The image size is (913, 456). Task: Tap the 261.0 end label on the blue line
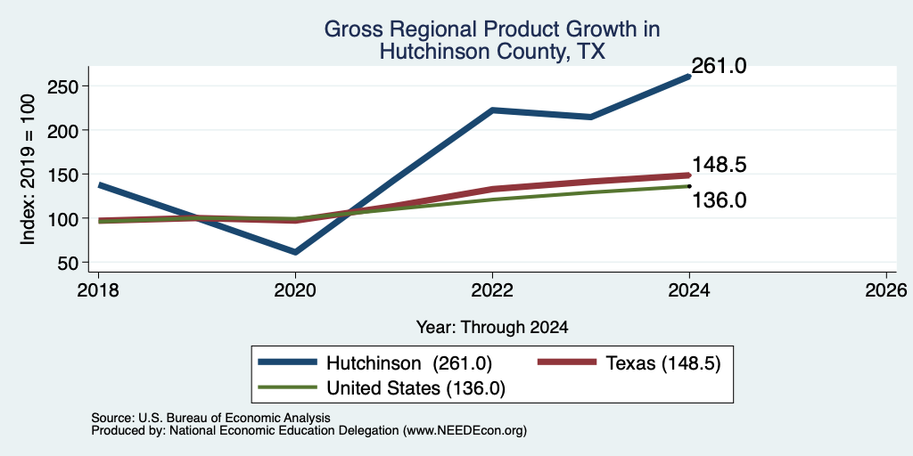[719, 66]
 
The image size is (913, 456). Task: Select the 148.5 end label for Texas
[719, 165]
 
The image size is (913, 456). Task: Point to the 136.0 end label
[719, 200]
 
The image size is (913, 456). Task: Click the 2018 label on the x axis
[98, 289]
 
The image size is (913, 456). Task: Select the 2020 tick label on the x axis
[295, 289]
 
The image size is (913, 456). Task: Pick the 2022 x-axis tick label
[492, 289]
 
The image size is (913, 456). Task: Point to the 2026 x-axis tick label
[886, 289]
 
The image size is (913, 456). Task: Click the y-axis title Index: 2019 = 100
[28, 169]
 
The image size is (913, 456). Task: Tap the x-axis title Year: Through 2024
[492, 328]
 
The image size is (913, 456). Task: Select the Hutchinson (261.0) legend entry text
[409, 363]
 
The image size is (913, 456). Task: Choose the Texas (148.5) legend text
[663, 363]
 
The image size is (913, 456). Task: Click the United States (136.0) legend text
[415, 388]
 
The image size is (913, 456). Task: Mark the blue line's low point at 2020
[295, 252]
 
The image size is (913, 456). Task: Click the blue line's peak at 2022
[492, 110]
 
